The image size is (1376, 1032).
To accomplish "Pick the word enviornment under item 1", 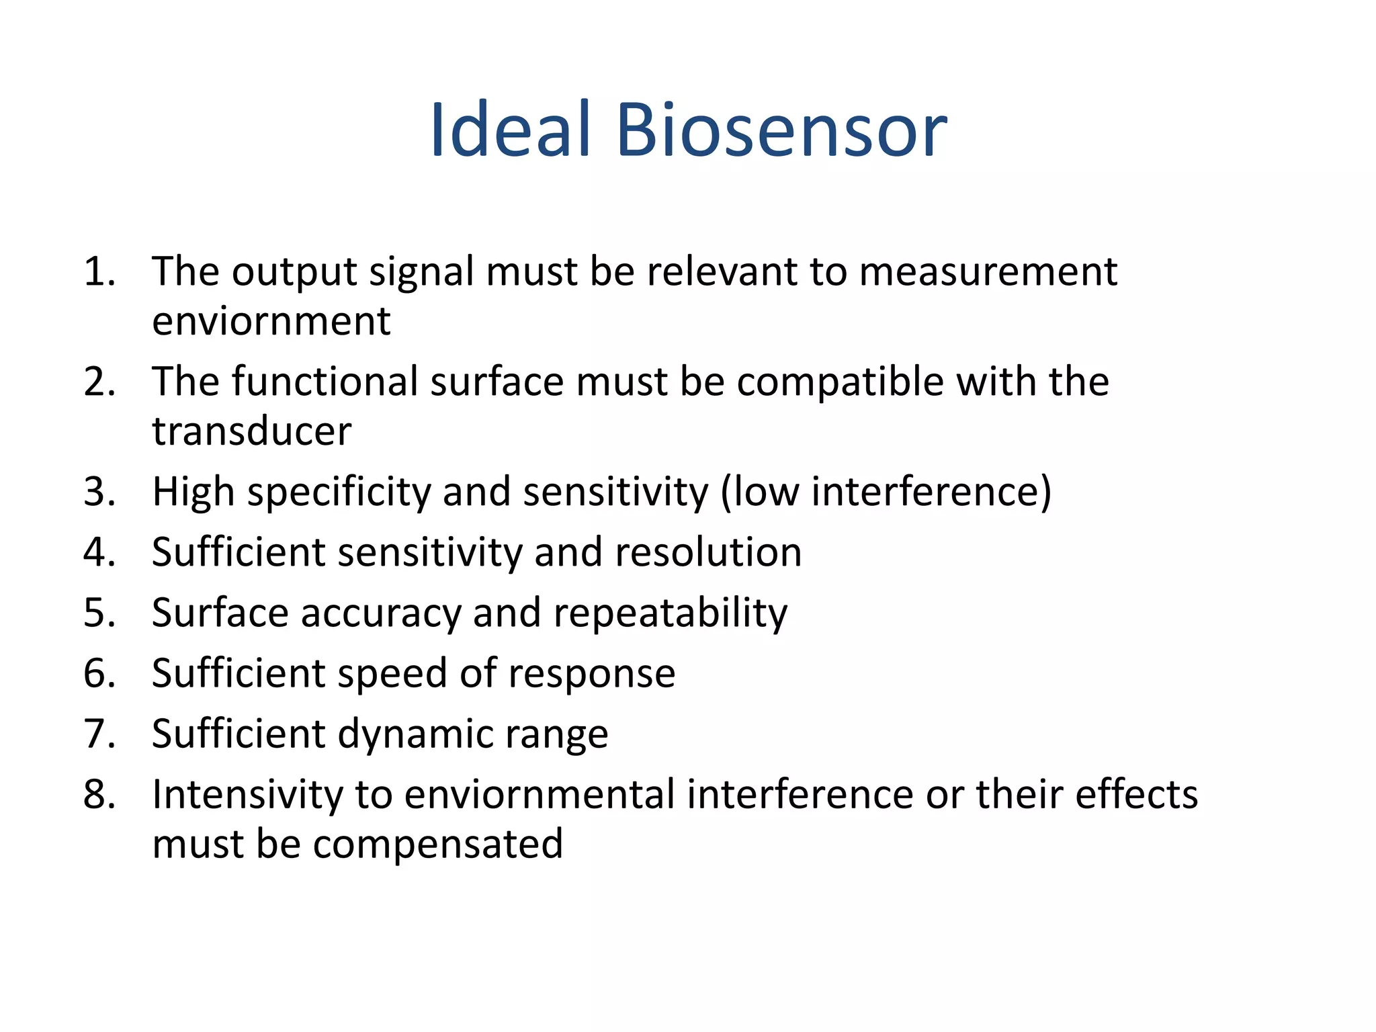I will [x=271, y=321].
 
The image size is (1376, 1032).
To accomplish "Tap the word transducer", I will [x=251, y=431].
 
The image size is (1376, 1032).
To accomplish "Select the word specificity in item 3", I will [x=339, y=492].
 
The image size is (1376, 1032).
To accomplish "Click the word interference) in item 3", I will [x=931, y=492].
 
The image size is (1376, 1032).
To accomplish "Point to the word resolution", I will [x=708, y=552].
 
